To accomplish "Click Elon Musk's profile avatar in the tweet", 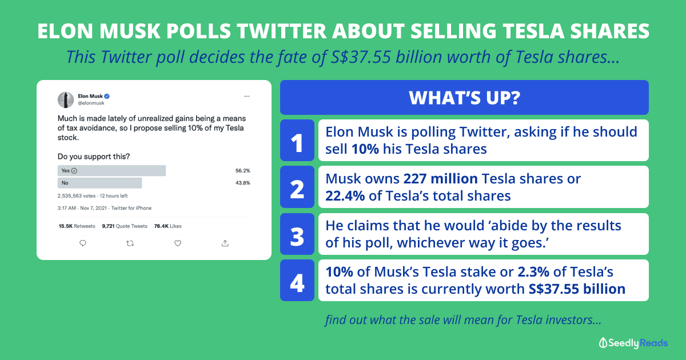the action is pos(66,100).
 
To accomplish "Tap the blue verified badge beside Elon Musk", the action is pos(107,96).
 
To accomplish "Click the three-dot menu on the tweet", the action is pos(247,97).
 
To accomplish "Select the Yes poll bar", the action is pos(111,170).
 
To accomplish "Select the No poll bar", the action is pos(99,183).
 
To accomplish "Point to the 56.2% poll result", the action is pos(242,170).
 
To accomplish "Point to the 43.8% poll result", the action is pos(242,183).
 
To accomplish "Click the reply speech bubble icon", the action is pos(83,243).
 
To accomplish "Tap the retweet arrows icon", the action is pos(130,243).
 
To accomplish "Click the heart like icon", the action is pos(178,243).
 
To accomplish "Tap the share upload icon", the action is pos(225,243).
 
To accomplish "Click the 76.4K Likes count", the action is pos(168,226).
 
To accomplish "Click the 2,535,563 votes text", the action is pos(76,196).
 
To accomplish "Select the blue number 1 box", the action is pos(297,140).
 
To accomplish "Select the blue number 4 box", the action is pos(297,281).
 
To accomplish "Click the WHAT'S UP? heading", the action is pos(464,98).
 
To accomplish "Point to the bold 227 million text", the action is pos(440,178).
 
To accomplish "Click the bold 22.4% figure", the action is pos(345,196).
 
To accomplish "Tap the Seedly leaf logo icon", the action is pos(603,343).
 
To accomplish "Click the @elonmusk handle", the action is pos(91,103).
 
